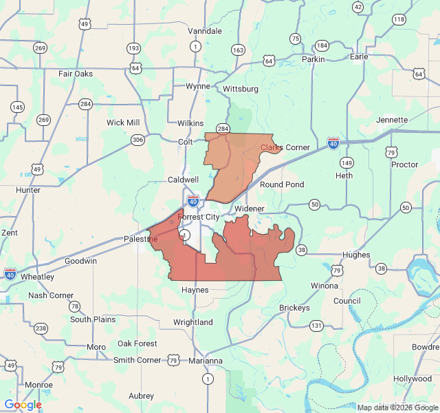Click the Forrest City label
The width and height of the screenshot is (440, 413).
pyautogui.click(x=199, y=217)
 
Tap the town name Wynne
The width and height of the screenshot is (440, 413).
pyautogui.click(x=198, y=86)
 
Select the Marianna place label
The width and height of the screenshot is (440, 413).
pyautogui.click(x=207, y=361)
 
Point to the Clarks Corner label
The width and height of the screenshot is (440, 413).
pyautogui.click(x=285, y=147)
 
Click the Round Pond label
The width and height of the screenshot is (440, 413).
pyautogui.click(x=282, y=184)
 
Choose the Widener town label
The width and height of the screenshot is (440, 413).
pyautogui.click(x=249, y=208)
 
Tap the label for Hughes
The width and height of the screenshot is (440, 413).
pyautogui.click(x=355, y=255)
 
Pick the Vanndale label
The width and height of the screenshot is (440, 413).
pyautogui.click(x=205, y=31)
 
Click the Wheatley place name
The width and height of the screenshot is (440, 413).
pyautogui.click(x=37, y=277)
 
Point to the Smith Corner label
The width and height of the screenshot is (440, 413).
pyautogui.click(x=137, y=360)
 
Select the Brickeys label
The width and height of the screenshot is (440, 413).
pyautogui.click(x=294, y=308)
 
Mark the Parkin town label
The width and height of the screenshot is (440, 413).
pyautogui.click(x=313, y=59)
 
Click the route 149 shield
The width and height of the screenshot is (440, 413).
pyautogui.click(x=346, y=163)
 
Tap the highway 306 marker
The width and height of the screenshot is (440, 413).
pyautogui.click(x=138, y=140)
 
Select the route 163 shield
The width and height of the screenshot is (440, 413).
pyautogui.click(x=239, y=50)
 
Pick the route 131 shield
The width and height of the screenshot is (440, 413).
pyautogui.click(x=316, y=325)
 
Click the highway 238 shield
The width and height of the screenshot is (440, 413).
pyautogui.click(x=41, y=328)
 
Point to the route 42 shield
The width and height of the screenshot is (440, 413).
pyautogui.click(x=357, y=7)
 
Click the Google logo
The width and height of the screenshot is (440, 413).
pyautogui.click(x=23, y=405)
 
